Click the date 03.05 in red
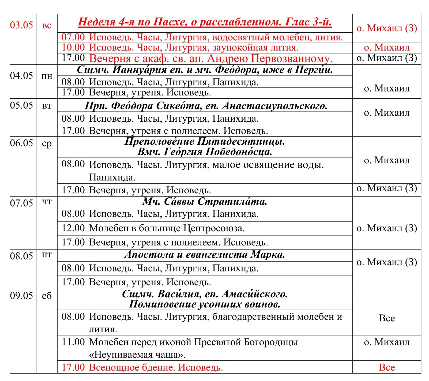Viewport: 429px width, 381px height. [x=21, y=25]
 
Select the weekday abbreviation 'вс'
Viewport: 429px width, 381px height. [x=47, y=26]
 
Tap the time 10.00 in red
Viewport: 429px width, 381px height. [x=73, y=48]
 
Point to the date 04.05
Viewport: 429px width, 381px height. [x=21, y=76]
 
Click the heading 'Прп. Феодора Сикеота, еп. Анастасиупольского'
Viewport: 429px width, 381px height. [x=206, y=106]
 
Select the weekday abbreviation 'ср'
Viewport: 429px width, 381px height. [x=47, y=144]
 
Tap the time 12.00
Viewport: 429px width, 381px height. [x=73, y=228]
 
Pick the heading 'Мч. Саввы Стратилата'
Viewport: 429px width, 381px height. [x=205, y=201]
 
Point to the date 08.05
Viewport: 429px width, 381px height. [x=21, y=256]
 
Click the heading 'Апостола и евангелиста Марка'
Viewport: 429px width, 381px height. [x=205, y=255]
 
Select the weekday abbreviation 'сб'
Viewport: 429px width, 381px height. [x=47, y=296]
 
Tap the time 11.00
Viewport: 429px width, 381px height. [x=73, y=342]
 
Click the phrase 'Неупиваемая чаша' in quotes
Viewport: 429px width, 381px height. [x=137, y=355]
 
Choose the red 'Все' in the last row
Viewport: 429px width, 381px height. [x=387, y=368]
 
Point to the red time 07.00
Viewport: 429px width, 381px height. [x=73, y=37]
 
